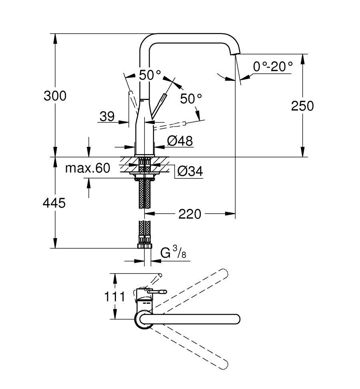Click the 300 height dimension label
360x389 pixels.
pos(56,96)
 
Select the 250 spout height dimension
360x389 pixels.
pos(302,106)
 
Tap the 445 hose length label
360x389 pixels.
pos(54,203)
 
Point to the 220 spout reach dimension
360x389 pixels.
pos(190,215)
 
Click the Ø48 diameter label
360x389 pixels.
pos(180,141)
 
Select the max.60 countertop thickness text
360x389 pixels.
pos(87,168)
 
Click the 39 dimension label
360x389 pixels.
pos(107,116)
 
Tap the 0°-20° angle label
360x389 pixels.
pos(273,66)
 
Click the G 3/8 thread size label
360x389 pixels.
pos(173,253)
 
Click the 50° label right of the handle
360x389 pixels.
pos(190,98)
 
